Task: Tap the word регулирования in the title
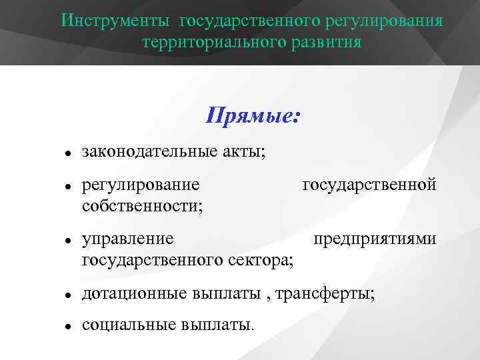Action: pyautogui.click(x=385, y=20)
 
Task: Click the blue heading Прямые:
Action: pyautogui.click(x=253, y=117)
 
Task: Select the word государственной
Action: pyautogui.click(x=369, y=185)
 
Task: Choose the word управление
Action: pyautogui.click(x=128, y=239)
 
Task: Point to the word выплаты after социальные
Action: pyautogui.click(x=217, y=325)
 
